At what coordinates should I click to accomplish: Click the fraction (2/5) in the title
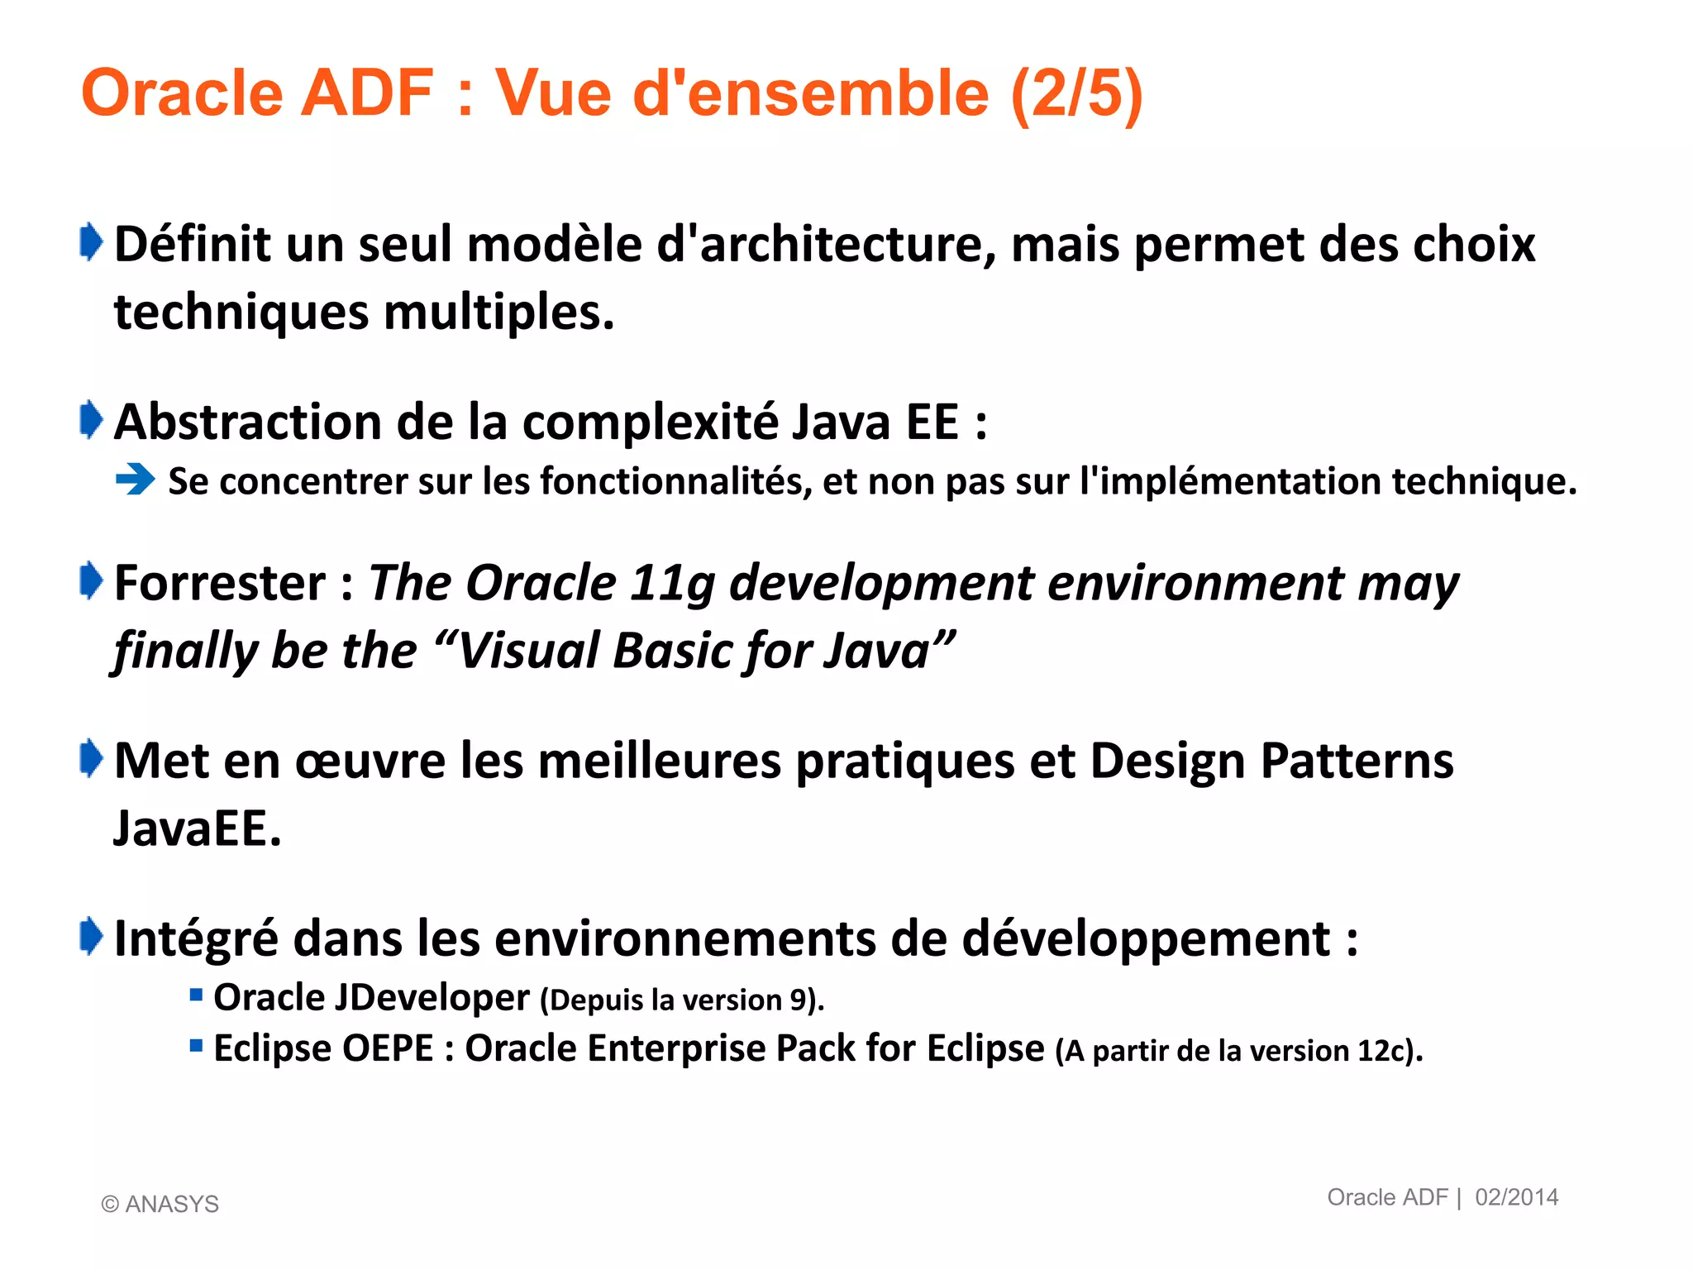1076,93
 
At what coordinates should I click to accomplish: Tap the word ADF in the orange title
366,93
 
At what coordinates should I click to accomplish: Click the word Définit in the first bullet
193,245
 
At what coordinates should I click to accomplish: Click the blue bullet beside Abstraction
91,420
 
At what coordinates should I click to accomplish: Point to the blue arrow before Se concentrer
136,480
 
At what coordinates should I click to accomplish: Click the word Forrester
220,583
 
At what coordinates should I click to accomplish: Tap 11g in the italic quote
671,583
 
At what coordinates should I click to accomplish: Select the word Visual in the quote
528,651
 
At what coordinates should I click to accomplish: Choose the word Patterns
1357,761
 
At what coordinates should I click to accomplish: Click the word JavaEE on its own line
197,828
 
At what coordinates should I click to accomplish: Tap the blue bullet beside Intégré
91,937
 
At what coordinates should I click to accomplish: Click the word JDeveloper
431,998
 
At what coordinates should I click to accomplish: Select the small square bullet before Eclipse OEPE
196,1046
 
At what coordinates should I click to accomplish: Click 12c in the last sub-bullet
1381,1051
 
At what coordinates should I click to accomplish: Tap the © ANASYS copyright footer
160,1204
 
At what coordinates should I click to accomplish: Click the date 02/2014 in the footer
1516,1197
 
